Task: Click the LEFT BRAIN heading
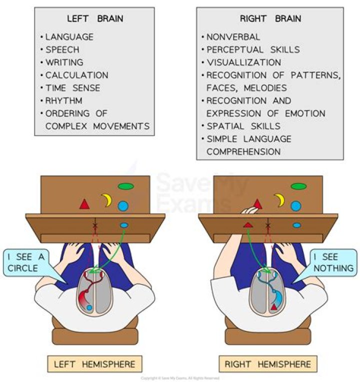(95, 19)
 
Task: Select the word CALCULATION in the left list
(76, 75)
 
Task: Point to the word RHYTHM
(63, 100)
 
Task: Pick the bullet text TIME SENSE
(72, 88)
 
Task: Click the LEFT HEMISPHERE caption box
(94, 363)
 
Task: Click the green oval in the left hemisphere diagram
(125, 186)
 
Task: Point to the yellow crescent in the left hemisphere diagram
(106, 200)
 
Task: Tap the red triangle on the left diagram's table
(84, 204)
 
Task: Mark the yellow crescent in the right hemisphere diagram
(279, 200)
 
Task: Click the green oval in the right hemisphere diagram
(298, 186)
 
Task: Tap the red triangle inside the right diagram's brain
(274, 306)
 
